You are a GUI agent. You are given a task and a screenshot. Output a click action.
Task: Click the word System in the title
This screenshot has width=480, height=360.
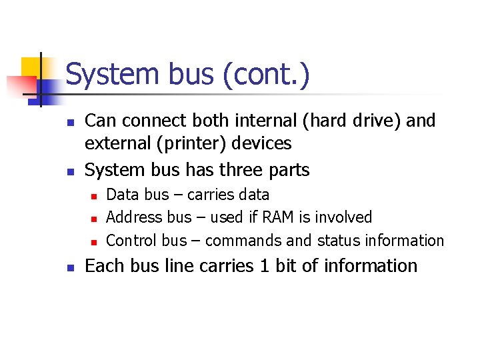click(109, 75)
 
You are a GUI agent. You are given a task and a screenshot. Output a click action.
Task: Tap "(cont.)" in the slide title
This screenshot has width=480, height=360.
click(267, 75)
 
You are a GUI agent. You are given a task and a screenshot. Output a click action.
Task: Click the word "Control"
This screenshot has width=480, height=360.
click(131, 240)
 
